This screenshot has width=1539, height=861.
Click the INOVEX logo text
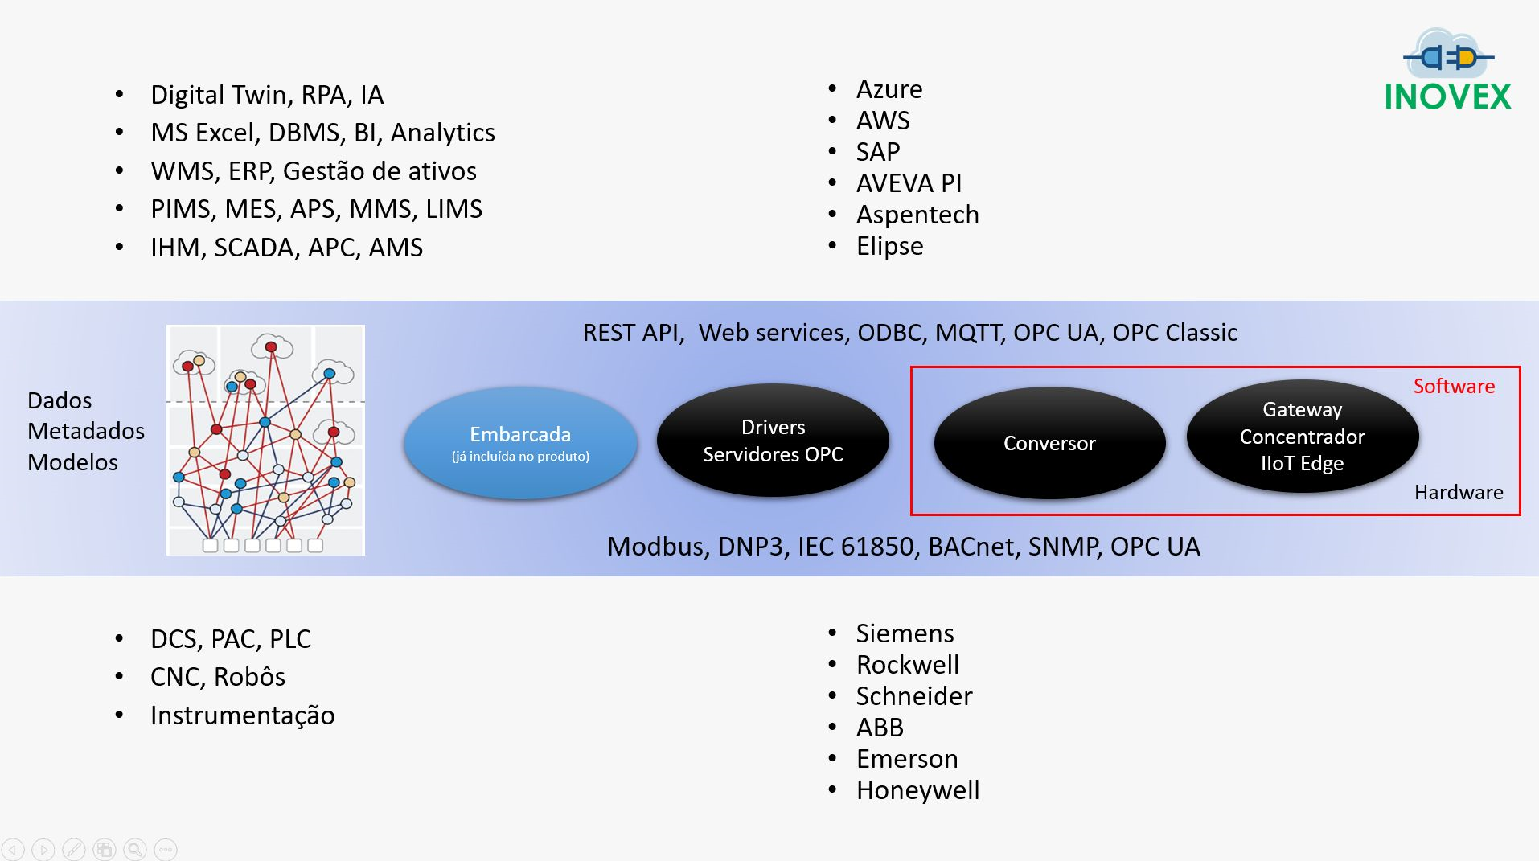tap(1447, 96)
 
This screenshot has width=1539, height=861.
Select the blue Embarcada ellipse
tap(520, 443)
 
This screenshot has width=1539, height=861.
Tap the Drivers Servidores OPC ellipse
tap(773, 441)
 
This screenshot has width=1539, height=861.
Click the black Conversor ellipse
tap(1049, 443)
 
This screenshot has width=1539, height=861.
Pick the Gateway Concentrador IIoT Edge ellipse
tap(1303, 436)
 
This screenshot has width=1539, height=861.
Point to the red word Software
tap(1454, 386)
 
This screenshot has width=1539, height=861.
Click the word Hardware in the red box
tap(1459, 492)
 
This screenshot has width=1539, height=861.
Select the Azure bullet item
tap(889, 88)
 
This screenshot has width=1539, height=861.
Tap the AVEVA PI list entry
tap(909, 183)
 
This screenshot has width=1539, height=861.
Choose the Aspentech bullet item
tap(917, 215)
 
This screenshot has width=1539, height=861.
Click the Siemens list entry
tap(905, 633)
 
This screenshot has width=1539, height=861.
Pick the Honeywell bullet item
tap(917, 791)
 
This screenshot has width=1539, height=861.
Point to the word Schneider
tap(914, 696)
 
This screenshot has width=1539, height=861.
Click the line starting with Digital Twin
tap(267, 95)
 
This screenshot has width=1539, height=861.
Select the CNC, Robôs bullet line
tap(218, 677)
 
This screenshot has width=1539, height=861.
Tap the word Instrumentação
tap(243, 715)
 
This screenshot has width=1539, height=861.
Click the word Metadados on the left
tap(86, 431)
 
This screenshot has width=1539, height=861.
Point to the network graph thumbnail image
tap(265, 440)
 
